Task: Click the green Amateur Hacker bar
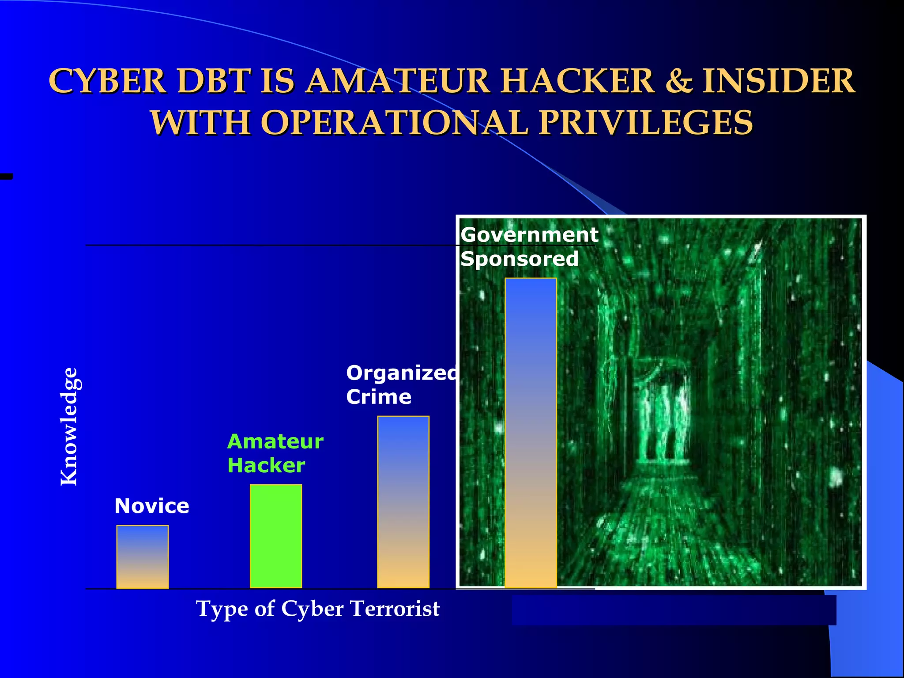(276, 536)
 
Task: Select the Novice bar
(142, 557)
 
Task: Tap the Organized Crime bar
(403, 502)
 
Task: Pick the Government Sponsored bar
(531, 433)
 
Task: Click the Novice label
(152, 506)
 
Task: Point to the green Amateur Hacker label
(275, 453)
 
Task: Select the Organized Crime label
(401, 385)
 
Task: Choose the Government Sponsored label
(529, 246)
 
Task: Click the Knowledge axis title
(69, 426)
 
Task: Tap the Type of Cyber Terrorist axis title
(318, 609)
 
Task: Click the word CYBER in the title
(107, 81)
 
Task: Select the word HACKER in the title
(578, 81)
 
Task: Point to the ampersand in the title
(678, 81)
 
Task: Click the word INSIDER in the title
(779, 81)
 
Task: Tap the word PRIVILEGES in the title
(645, 122)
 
